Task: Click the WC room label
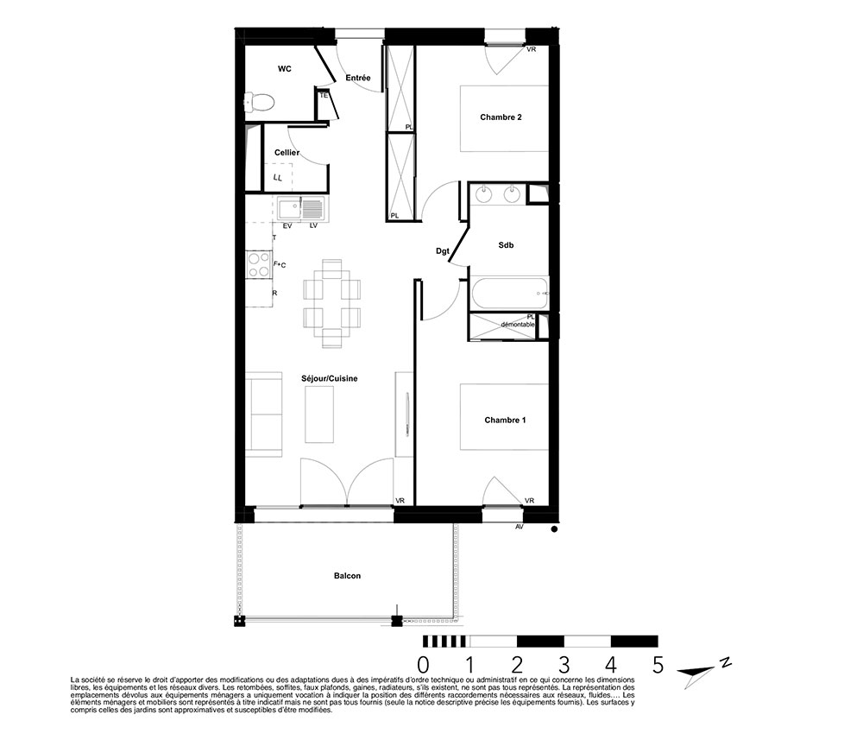click(x=285, y=69)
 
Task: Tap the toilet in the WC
click(x=259, y=101)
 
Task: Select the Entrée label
click(x=358, y=79)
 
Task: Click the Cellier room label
click(x=287, y=153)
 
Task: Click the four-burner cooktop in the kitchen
click(x=259, y=264)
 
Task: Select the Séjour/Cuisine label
click(x=329, y=378)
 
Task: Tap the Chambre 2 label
click(x=501, y=117)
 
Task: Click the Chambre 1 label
click(x=505, y=421)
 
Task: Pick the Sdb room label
click(x=506, y=245)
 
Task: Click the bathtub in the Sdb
click(x=510, y=294)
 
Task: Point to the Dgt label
click(x=443, y=251)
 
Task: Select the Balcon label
click(x=347, y=576)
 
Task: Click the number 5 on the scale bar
click(x=658, y=665)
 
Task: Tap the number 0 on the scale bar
click(x=423, y=665)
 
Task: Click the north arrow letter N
click(x=726, y=661)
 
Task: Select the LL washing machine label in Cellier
click(x=278, y=178)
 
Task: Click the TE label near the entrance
click(x=324, y=95)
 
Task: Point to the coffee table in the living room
click(x=319, y=414)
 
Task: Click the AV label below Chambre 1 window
click(x=519, y=527)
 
